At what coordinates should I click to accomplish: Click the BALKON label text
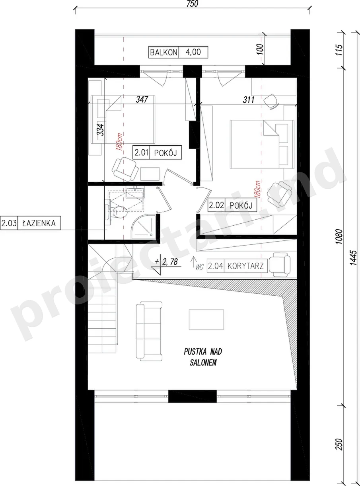point(163,53)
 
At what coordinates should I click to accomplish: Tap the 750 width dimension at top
point(192,4)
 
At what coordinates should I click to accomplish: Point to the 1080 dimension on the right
point(339,237)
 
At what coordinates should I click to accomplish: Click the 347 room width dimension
point(142,100)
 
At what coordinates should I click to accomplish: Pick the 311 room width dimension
point(249,100)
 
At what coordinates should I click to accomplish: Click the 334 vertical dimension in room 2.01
point(100,130)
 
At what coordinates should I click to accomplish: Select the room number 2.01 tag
point(142,152)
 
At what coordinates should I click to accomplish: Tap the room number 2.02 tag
point(216,205)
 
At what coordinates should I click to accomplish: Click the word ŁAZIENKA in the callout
point(39,223)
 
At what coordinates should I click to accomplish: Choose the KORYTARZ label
point(245,266)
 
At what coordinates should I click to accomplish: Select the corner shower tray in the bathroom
point(144,227)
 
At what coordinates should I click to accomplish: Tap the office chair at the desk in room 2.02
point(271,101)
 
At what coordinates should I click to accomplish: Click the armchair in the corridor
point(279,265)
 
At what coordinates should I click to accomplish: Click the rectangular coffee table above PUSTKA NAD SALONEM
point(206,320)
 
